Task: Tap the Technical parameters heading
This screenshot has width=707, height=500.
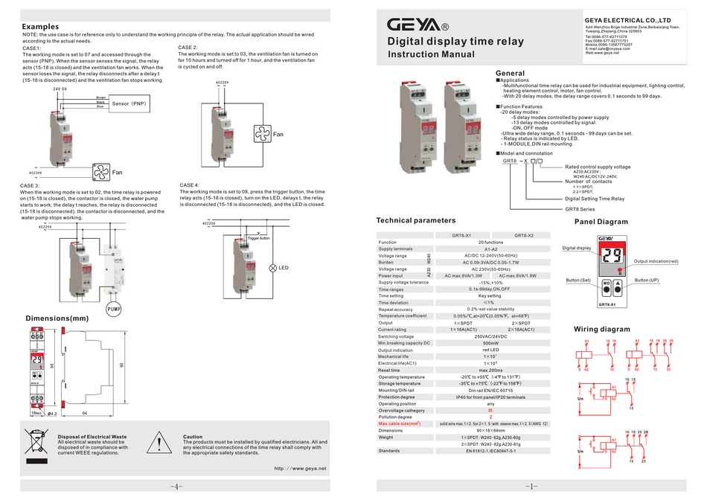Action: coord(416,220)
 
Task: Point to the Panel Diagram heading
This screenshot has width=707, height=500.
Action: coord(601,222)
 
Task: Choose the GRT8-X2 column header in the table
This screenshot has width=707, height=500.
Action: coord(524,235)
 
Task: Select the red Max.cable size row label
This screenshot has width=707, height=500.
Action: coord(400,423)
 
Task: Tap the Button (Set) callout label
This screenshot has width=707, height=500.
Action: coord(578,280)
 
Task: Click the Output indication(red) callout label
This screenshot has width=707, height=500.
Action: coord(656,262)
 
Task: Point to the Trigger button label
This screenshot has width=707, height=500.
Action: coord(258,237)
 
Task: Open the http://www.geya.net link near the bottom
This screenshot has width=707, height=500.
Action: coord(301,469)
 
